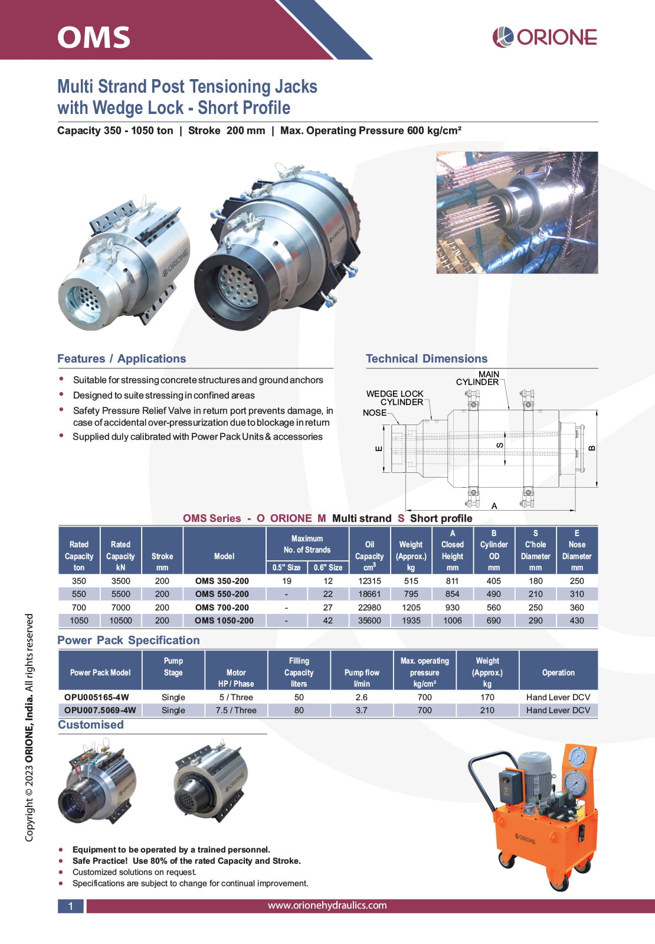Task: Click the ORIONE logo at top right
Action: coord(545,37)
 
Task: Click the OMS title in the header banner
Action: coord(94,37)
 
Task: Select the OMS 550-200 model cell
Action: coord(222,594)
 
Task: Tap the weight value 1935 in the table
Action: coord(411,620)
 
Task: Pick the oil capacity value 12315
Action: coord(369,581)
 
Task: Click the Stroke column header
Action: coord(162,556)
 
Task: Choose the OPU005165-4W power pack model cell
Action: coord(97,697)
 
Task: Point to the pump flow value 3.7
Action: coord(362,710)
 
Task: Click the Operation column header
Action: coord(558,672)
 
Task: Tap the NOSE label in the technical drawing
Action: coord(375,413)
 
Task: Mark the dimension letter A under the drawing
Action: coord(494,506)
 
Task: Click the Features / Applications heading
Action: coord(122,358)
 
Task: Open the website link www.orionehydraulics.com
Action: coord(327,905)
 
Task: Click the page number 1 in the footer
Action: coord(71,906)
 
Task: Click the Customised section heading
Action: coord(91,724)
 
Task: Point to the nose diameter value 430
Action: coord(577,620)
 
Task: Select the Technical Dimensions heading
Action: coord(427,358)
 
